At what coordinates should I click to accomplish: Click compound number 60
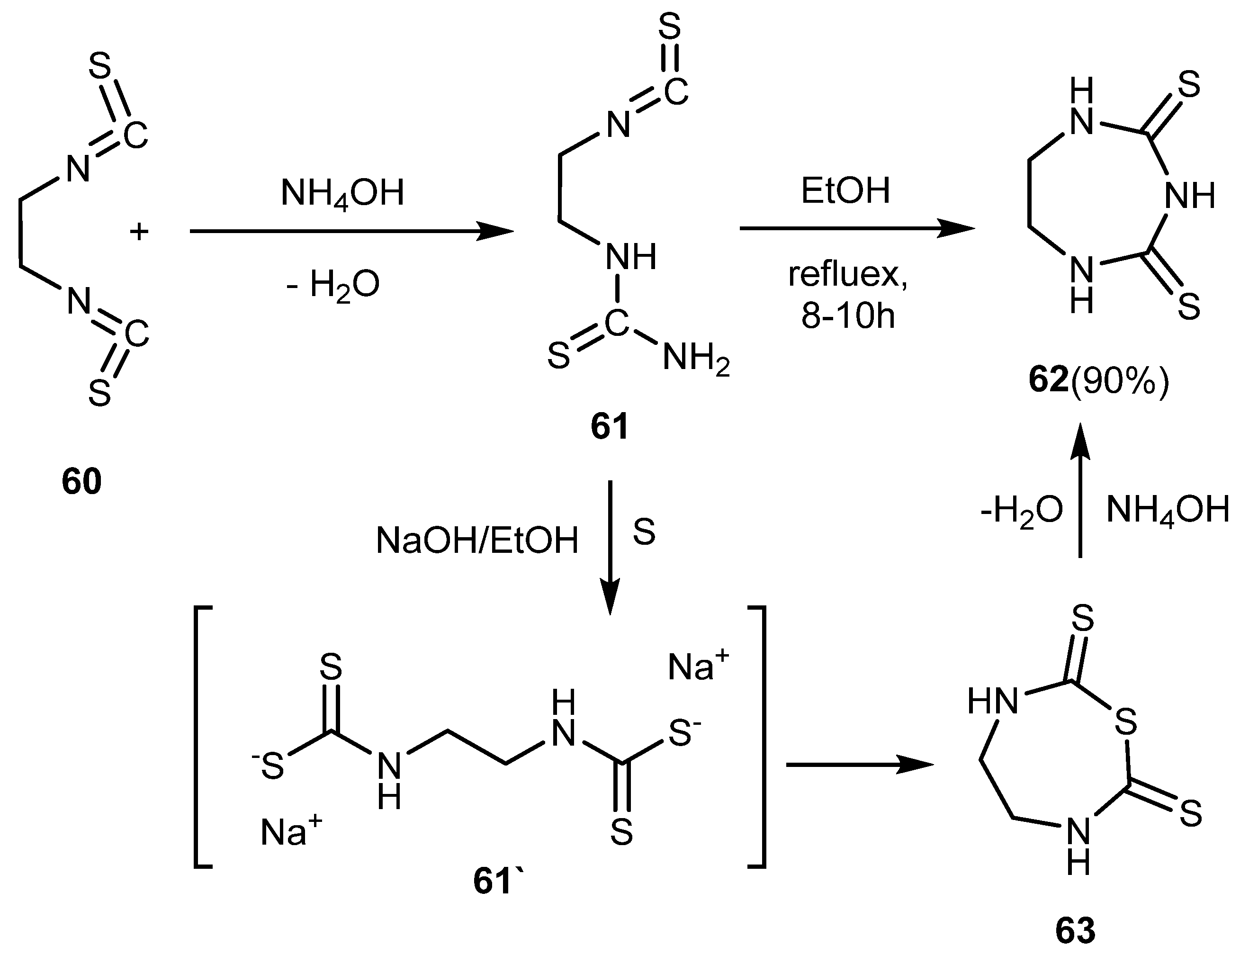click(82, 481)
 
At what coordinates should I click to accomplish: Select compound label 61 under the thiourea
click(610, 426)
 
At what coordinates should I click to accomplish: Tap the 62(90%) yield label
click(1099, 380)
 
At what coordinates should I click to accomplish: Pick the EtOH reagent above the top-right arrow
click(845, 191)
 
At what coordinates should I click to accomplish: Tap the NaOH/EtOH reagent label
click(477, 540)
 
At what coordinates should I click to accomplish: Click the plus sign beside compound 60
click(139, 232)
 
